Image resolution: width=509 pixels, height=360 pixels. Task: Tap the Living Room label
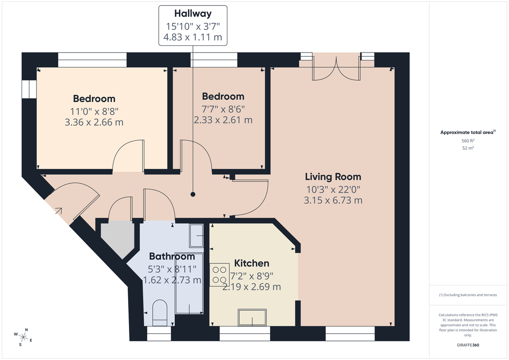pyautogui.click(x=333, y=177)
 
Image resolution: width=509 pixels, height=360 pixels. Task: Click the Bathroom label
pyautogui.click(x=172, y=257)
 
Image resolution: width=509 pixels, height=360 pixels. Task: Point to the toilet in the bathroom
pyautogui.click(x=160, y=313)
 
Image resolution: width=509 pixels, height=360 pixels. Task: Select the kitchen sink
pyautogui.click(x=252, y=317)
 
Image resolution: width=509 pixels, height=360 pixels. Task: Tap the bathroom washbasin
pyautogui.click(x=196, y=236)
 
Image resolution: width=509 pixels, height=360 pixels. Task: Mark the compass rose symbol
pyautogui.click(x=24, y=337)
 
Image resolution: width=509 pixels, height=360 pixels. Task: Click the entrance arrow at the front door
pyautogui.click(x=58, y=210)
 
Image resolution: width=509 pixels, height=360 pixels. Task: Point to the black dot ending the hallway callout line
pyautogui.click(x=193, y=195)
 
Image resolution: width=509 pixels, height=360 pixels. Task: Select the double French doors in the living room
pyautogui.click(x=337, y=67)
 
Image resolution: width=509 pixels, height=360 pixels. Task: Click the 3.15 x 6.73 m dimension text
pyautogui.click(x=333, y=200)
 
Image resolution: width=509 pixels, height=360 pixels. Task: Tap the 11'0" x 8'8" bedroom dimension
pyautogui.click(x=94, y=111)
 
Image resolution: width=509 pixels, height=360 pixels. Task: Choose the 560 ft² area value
pyautogui.click(x=468, y=141)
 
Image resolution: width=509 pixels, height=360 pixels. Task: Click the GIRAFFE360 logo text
pyautogui.click(x=468, y=345)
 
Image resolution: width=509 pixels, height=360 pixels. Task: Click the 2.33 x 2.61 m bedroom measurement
pyautogui.click(x=223, y=120)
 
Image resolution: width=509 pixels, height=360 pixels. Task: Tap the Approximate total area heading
pyautogui.click(x=467, y=132)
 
